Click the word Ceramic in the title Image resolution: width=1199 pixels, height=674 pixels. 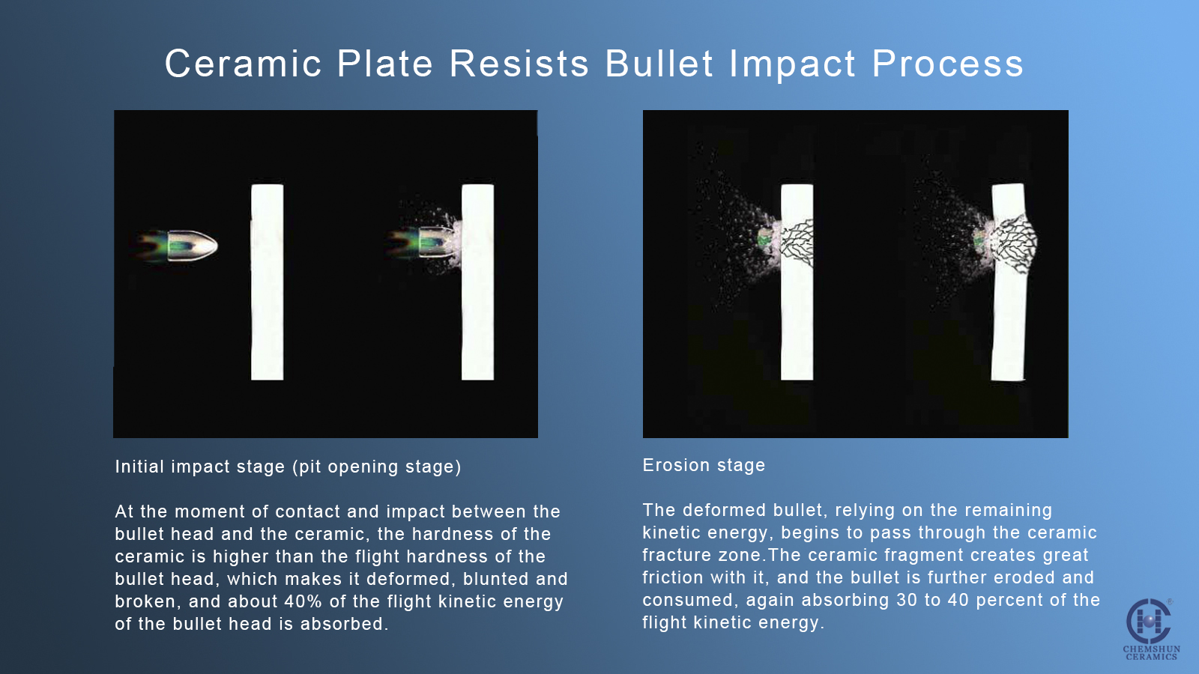244,64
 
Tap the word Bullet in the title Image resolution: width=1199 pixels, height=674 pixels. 659,64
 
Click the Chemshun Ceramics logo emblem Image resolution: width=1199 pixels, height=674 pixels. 1148,621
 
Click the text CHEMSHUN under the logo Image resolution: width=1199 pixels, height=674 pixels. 1151,649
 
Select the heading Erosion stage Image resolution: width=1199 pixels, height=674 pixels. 704,465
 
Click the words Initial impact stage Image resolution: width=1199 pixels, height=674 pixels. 200,467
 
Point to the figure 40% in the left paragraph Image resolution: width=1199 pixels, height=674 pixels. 303,601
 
